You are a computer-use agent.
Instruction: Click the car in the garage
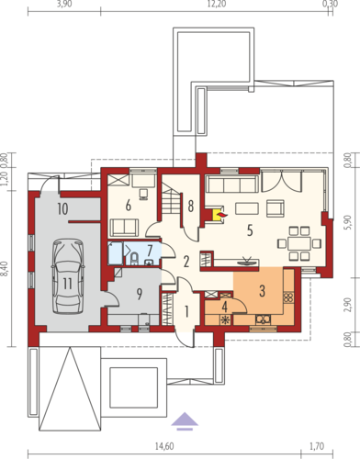tap(68, 276)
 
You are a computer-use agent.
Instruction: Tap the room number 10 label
tap(62, 209)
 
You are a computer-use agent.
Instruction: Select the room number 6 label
tap(129, 206)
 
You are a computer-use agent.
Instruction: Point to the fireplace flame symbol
tap(223, 215)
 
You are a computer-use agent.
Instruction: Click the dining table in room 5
tap(299, 243)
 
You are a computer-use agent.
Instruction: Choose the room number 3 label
tap(262, 291)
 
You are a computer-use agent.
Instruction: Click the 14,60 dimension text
tap(164, 446)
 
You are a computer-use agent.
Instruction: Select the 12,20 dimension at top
tap(216, 4)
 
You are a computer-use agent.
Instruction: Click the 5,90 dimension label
tap(348, 223)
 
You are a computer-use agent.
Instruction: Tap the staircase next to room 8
tap(170, 198)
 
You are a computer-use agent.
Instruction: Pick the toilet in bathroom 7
tap(134, 259)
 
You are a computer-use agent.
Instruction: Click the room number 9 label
tap(140, 295)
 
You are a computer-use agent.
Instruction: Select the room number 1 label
tap(186, 312)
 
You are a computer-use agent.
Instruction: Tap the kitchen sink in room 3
tap(264, 319)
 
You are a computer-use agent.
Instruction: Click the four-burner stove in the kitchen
tap(288, 297)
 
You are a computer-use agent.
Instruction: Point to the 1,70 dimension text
tap(317, 446)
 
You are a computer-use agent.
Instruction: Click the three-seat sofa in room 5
tap(232, 184)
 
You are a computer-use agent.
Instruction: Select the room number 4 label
tap(224, 306)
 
